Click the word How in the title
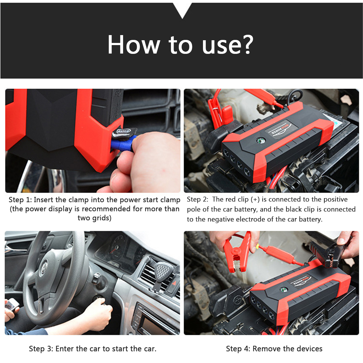133,44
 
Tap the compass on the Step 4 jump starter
283,289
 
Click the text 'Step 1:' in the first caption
20,200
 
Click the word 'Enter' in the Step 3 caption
65,349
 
